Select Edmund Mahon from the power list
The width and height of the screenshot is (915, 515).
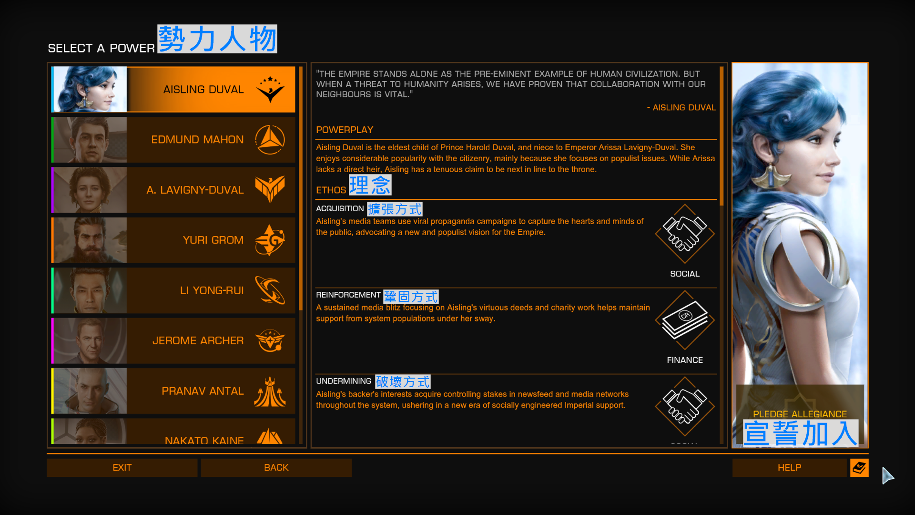173,140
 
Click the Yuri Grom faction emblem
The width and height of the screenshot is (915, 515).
270,240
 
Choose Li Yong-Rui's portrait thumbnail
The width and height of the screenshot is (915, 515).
90,290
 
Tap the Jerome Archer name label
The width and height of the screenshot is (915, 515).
198,340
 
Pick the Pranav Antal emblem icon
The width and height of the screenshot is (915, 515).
270,391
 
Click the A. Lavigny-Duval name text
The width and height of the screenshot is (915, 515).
195,190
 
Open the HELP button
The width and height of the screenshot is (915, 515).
789,468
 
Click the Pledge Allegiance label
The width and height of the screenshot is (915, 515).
800,414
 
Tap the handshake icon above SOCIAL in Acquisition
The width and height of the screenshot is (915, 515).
685,234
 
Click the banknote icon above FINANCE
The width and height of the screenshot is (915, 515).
685,320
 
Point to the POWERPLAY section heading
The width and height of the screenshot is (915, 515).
345,130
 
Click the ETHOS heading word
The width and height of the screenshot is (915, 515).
331,190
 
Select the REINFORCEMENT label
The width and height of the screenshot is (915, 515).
348,295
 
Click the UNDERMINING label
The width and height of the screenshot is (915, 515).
343,381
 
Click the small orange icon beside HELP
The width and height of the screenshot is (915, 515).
859,468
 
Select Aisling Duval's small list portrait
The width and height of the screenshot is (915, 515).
90,89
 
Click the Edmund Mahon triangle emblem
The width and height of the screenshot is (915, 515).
270,140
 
